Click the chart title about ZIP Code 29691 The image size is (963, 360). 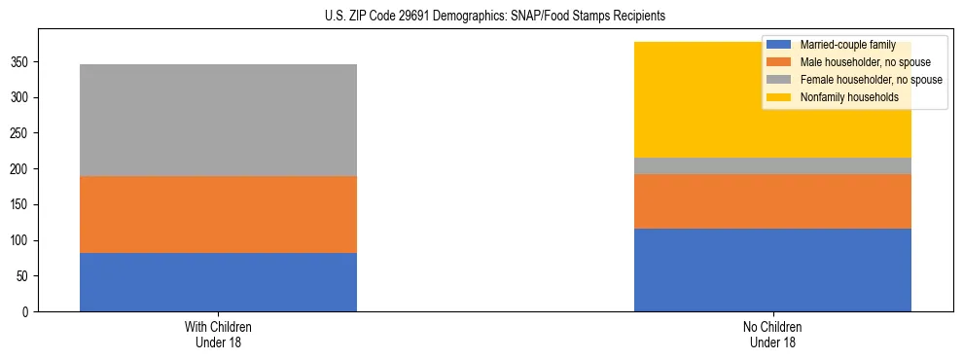coord(495,17)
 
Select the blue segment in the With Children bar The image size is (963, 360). coord(218,282)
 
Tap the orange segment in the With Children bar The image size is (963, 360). coord(218,214)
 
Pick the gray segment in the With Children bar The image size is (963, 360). coord(218,120)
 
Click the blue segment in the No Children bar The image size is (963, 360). coord(772,270)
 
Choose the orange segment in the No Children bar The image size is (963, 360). coord(772,201)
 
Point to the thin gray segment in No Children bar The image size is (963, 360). coord(772,166)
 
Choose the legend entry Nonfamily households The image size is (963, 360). coord(842,97)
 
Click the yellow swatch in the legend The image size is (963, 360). coord(779,97)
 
